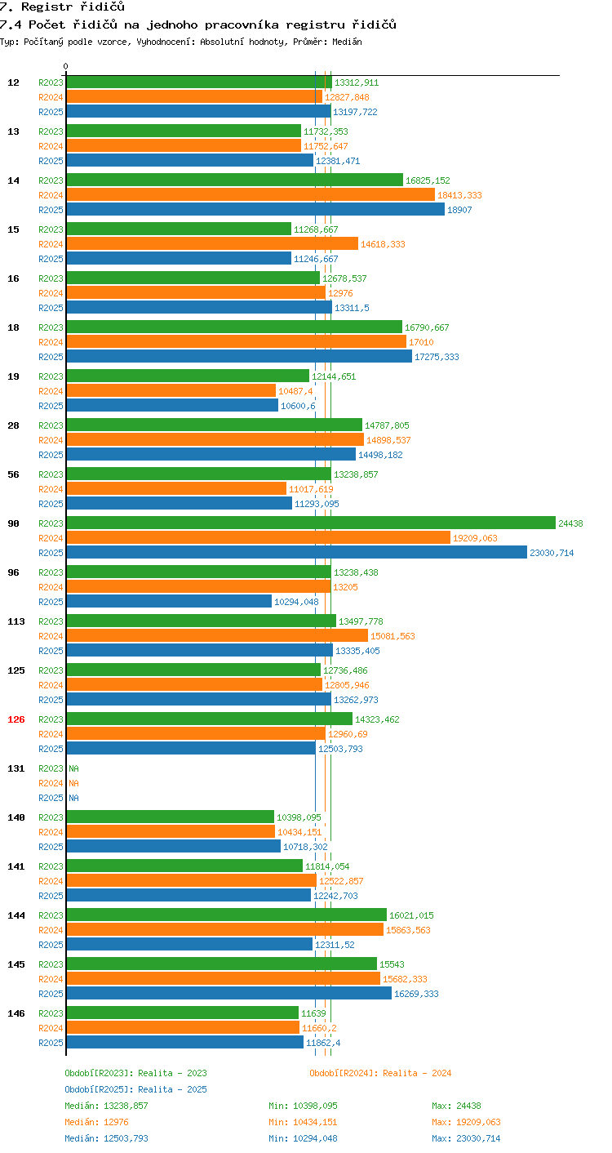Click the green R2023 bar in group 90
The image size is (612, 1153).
tap(311, 523)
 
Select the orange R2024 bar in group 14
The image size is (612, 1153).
tap(251, 194)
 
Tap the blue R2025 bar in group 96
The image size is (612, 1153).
tap(169, 601)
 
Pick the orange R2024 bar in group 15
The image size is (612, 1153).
tap(212, 243)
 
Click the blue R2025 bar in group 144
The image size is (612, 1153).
tap(190, 944)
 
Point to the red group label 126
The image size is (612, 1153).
tap(16, 719)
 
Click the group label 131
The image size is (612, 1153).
tap(16, 768)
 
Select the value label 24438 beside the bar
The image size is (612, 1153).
tap(571, 523)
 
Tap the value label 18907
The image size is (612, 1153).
tap(459, 210)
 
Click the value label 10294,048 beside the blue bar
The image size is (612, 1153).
tap(296, 602)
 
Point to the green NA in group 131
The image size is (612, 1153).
tap(74, 768)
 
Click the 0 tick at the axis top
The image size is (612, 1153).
tap(66, 66)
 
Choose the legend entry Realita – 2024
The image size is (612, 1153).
tap(380, 1073)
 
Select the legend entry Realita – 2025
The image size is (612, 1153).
tap(135, 1089)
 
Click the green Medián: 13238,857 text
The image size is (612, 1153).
tap(106, 1106)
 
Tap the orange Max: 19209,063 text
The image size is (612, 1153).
tap(467, 1122)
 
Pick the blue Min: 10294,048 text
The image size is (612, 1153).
tap(303, 1138)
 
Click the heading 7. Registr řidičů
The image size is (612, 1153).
tap(62, 7)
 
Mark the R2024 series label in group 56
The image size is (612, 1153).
tap(51, 489)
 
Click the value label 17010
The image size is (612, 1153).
tap(421, 342)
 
